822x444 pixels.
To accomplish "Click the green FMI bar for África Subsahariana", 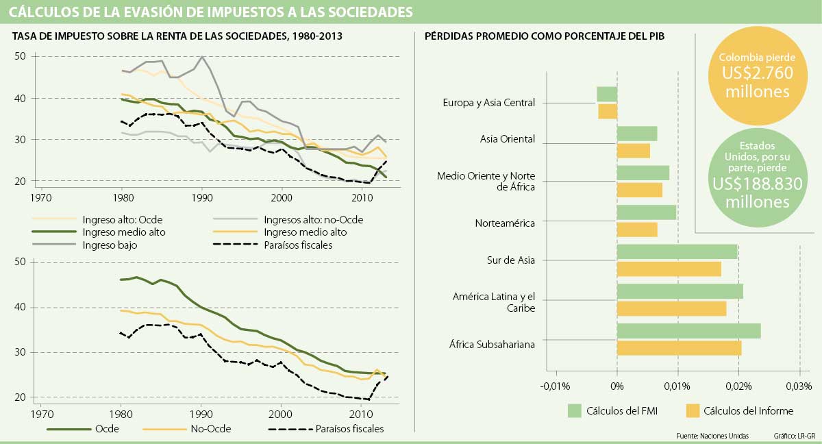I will click(688, 331).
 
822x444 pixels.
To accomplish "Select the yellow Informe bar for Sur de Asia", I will click(669, 269).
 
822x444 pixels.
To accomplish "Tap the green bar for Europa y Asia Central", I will click(607, 94).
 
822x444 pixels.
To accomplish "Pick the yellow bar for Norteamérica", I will click(637, 230).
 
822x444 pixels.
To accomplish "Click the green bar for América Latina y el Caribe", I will click(680, 292).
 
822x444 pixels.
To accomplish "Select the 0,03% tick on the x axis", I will click(799, 386).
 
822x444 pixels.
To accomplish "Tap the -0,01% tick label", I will click(556, 386).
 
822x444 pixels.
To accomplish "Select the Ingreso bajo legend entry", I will click(103, 244).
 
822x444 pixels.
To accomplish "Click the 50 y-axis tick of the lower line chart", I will click(20, 262).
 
